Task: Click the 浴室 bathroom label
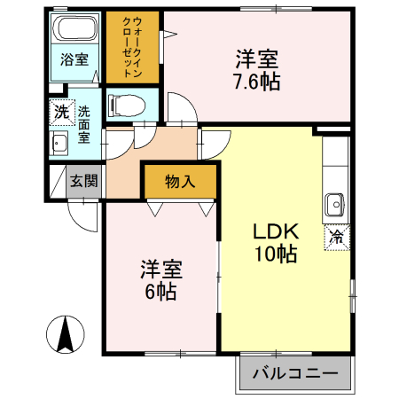pyautogui.click(x=74, y=60)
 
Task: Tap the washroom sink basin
pyautogui.click(x=61, y=145)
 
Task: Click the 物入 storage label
pyautogui.click(x=181, y=182)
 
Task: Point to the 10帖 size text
pyautogui.click(x=277, y=254)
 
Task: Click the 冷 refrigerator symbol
pyautogui.click(x=337, y=237)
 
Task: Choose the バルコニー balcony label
pyautogui.click(x=295, y=374)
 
